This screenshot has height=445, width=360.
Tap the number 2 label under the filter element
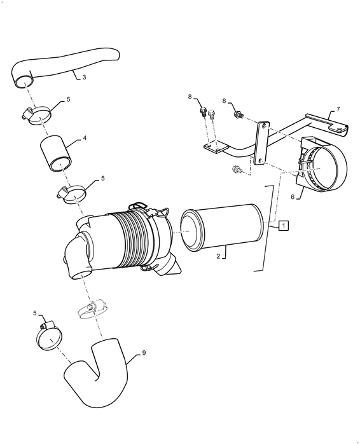click(x=218, y=256)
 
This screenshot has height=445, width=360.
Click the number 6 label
click(x=292, y=197)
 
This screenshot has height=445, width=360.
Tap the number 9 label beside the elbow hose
click(x=144, y=352)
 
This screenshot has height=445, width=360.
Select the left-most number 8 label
click(x=189, y=97)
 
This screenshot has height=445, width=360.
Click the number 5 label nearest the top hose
click(x=68, y=101)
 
